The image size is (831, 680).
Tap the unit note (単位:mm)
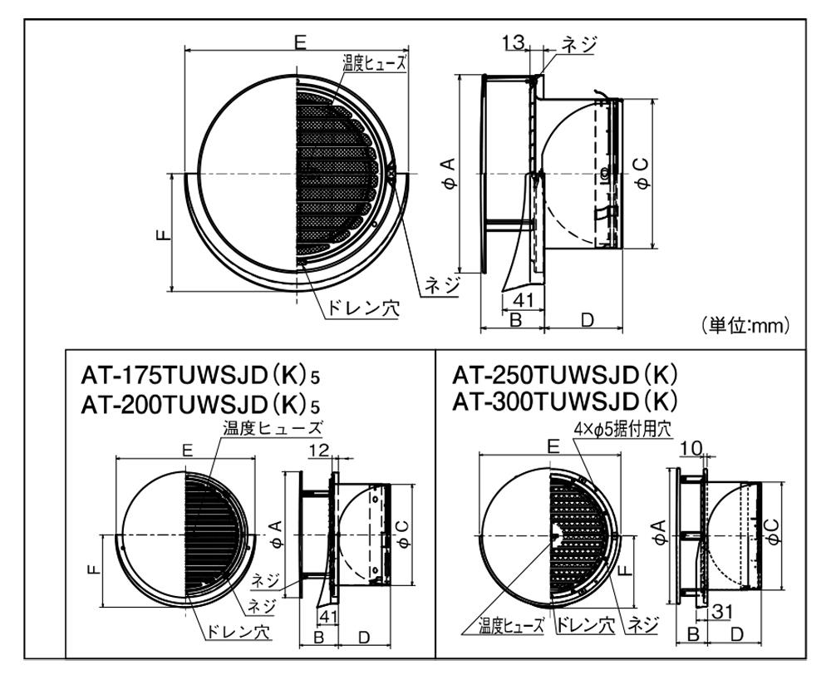[x=745, y=324]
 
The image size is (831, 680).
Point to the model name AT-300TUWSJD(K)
[x=565, y=402]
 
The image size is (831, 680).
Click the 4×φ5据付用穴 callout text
[x=622, y=429]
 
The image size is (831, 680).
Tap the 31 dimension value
[x=722, y=612]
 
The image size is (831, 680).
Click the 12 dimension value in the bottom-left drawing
[x=319, y=451]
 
